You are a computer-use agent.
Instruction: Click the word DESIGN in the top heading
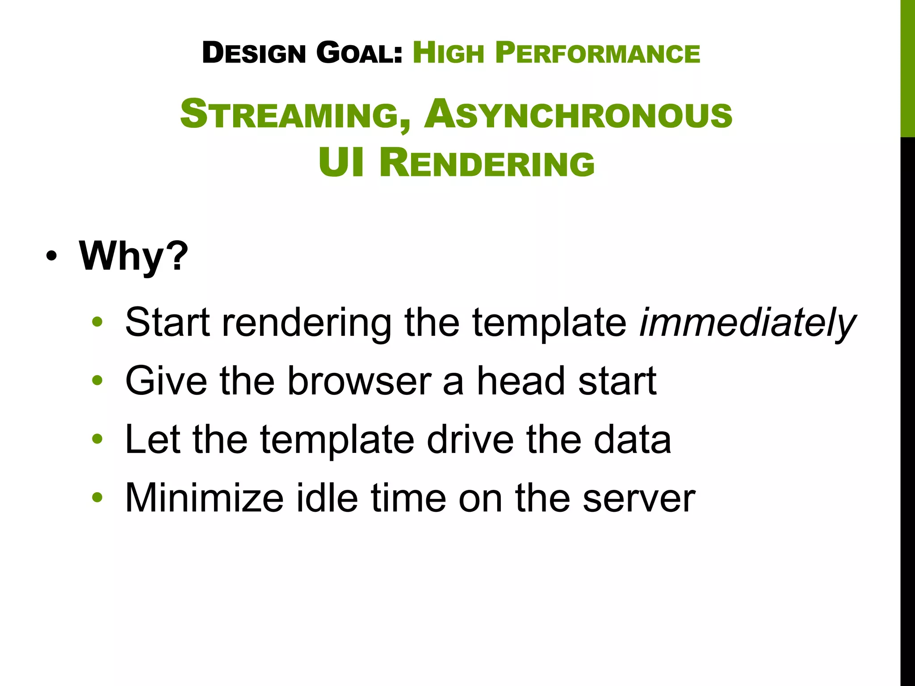[254, 53]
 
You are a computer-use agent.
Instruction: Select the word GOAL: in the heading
[359, 53]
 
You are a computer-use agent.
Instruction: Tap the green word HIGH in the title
[448, 53]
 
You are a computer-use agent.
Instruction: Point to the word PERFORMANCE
[597, 53]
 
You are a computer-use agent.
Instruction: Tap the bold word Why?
[134, 256]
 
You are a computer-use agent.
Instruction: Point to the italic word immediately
[747, 322]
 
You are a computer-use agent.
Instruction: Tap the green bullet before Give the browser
[97, 381]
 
